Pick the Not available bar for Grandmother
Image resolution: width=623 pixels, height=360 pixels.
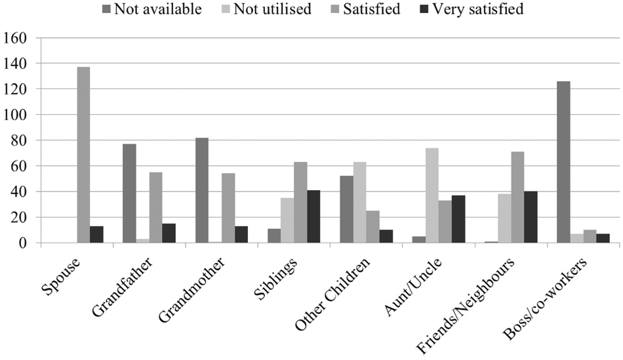pos(201,190)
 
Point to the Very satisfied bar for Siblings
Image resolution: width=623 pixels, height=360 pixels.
pos(314,216)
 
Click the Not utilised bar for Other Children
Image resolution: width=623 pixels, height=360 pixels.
pos(359,203)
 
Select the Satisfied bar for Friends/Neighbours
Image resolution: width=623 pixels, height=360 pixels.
pos(518,197)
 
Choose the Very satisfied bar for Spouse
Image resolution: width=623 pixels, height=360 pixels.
pos(96,234)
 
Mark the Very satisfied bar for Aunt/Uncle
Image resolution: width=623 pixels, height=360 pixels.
pos(458,219)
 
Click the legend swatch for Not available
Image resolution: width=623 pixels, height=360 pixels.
pos(107,10)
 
